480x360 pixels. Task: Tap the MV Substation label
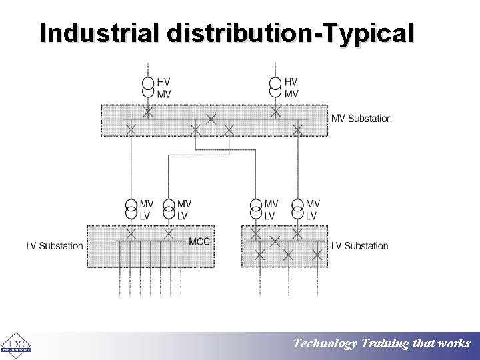pyautogui.click(x=361, y=119)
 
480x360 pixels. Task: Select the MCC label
pyautogui.click(x=199, y=241)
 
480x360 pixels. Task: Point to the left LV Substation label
pyautogui.click(x=55, y=246)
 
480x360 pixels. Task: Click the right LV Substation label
pyautogui.click(x=359, y=246)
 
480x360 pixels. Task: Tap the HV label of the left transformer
pyautogui.click(x=164, y=82)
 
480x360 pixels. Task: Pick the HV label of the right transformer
pyautogui.click(x=291, y=82)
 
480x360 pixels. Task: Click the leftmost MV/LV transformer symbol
pyautogui.click(x=131, y=209)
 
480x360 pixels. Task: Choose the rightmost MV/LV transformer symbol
pyautogui.click(x=297, y=209)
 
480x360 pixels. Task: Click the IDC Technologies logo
pyautogui.click(x=15, y=345)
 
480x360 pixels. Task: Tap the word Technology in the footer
pyautogui.click(x=325, y=344)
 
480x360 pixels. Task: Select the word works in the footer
pyautogui.click(x=454, y=344)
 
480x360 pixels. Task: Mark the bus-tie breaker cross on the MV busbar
pyautogui.click(x=211, y=119)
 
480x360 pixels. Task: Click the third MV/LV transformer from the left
pyautogui.click(x=256, y=209)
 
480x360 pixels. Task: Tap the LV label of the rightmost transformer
pyautogui.click(x=311, y=216)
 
